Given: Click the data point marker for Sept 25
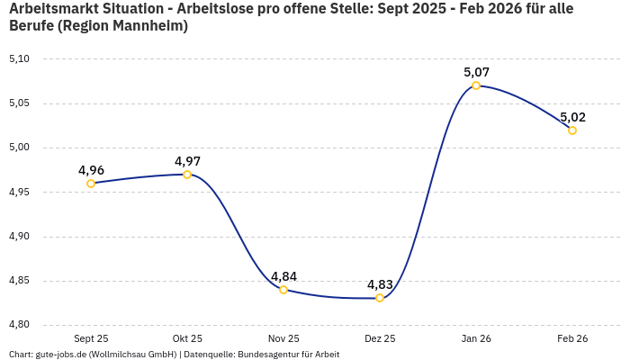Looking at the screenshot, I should coord(91,184).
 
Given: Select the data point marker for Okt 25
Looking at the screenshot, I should coord(187,175).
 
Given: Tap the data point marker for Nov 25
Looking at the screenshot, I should coord(283,290).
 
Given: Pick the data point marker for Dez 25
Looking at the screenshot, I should coord(380,298).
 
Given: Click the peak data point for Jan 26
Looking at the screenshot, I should coord(476,85).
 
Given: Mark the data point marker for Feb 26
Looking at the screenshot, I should coord(572,130).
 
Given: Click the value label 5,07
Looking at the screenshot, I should coord(476,72).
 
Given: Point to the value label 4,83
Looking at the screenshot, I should coord(380,284).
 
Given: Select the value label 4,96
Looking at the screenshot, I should coord(91,170).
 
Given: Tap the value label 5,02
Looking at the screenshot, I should coord(572,117).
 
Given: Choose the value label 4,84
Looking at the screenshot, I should coord(283,276).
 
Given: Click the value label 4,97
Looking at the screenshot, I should coord(187,161).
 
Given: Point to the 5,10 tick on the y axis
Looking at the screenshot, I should coord(19,59).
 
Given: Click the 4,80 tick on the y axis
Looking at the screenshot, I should coord(19,325).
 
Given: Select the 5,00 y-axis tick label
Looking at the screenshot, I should coord(19,148).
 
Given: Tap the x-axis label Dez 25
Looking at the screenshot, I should coord(380,338).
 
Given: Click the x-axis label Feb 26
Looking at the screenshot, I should coord(572,338).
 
